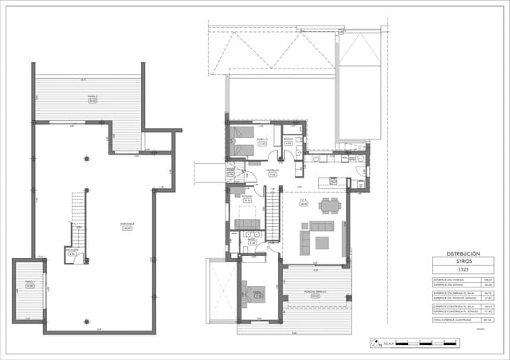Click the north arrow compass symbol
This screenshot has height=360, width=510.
[375, 343]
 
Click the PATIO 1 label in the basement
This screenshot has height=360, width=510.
[29, 284]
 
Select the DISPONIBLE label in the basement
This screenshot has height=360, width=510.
[127, 225]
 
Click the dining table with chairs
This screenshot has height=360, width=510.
[329, 205]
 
